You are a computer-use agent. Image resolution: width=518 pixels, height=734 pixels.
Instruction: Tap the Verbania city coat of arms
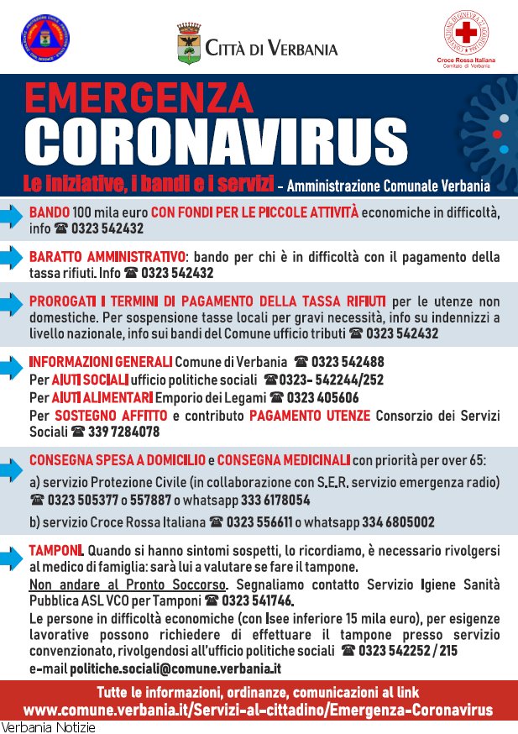(189, 44)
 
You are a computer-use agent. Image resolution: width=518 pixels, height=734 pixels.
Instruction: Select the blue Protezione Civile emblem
(44, 40)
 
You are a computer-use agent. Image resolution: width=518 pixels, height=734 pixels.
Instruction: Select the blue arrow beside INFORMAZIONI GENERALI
(11, 367)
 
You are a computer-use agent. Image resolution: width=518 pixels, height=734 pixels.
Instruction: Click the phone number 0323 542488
(348, 362)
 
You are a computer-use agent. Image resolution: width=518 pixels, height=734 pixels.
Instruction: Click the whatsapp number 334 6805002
(399, 522)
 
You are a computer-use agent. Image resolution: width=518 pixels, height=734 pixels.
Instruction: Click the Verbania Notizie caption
(48, 727)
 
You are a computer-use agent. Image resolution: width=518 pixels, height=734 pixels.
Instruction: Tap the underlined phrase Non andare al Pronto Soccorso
(127, 584)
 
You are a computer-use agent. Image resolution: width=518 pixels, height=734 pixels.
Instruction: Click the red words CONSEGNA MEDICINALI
(285, 459)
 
